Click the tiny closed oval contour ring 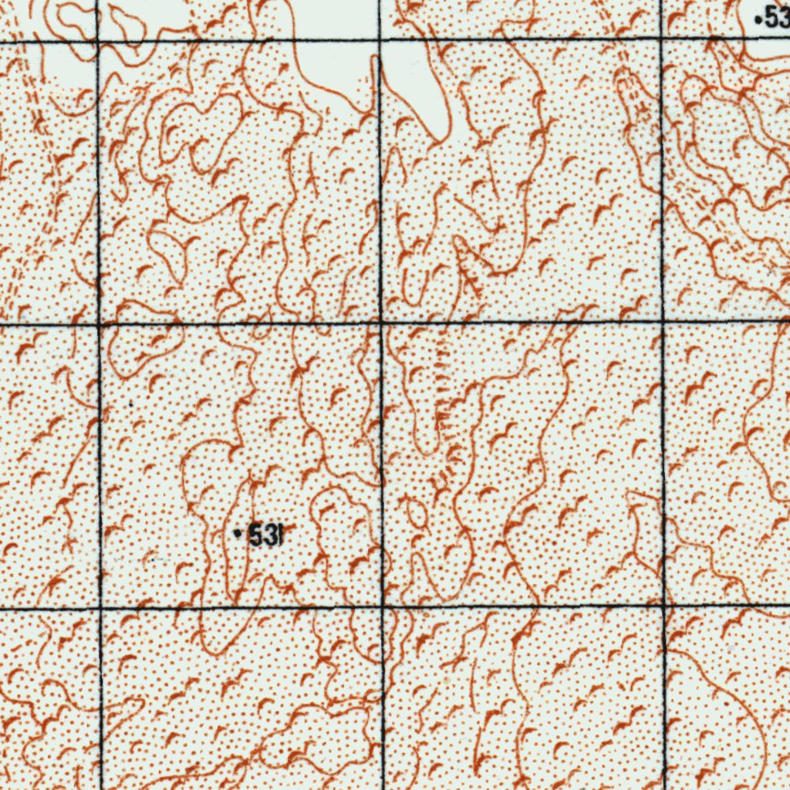[x=416, y=515]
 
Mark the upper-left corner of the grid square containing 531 [x=99, y=325]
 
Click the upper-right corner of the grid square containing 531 [x=381, y=322]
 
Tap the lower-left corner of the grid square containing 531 [x=100, y=608]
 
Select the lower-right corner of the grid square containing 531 [x=383, y=606]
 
